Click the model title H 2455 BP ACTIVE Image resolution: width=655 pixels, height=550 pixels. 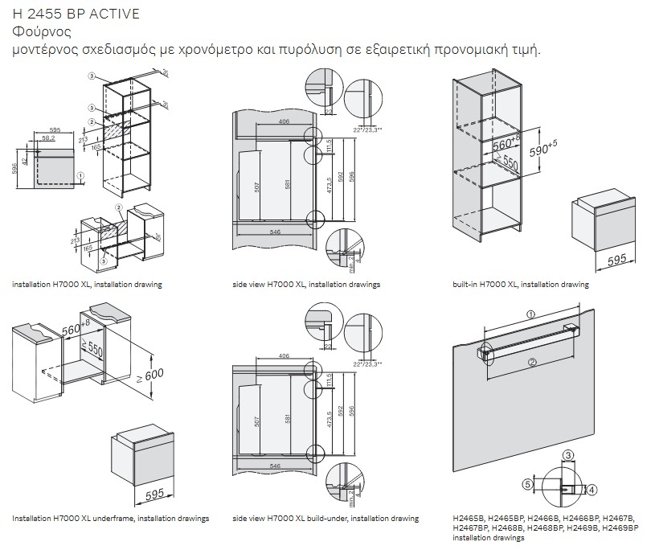pyautogui.click(x=76, y=14)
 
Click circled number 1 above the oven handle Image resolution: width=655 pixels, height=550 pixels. pyautogui.click(x=530, y=314)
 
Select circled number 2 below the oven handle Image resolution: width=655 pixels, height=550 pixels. pyautogui.click(x=532, y=363)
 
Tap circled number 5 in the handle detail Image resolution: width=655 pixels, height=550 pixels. pyautogui.click(x=528, y=484)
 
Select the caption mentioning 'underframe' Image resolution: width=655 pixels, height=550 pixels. pyautogui.click(x=110, y=519)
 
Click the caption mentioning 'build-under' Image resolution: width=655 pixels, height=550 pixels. pyautogui.click(x=325, y=519)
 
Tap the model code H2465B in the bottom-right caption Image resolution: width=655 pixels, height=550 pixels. pyautogui.click(x=468, y=519)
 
